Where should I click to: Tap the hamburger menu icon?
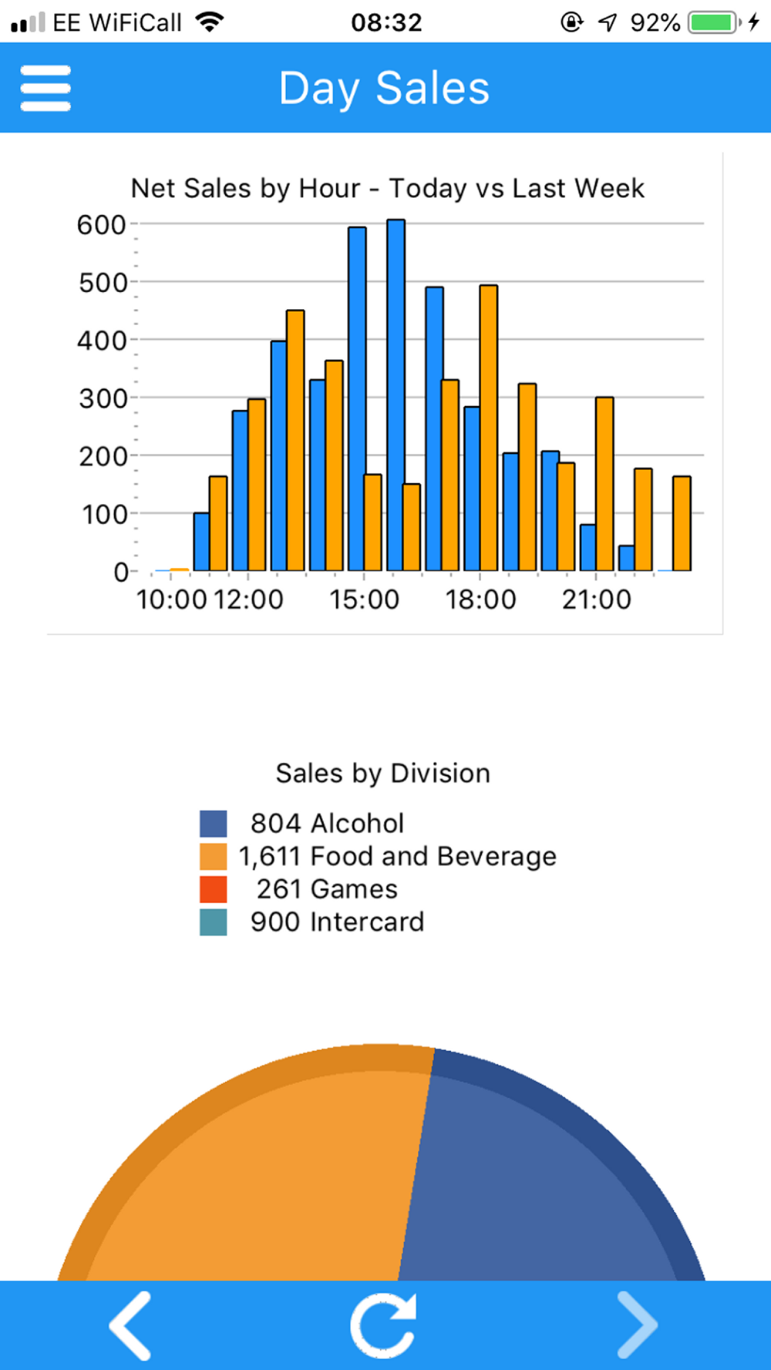point(45,88)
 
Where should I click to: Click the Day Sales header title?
point(384,88)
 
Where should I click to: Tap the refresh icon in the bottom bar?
point(383,1325)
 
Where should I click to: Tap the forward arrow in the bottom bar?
point(638,1325)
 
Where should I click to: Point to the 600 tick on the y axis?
point(102,225)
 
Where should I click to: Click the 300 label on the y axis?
point(102,399)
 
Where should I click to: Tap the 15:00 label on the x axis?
point(364,599)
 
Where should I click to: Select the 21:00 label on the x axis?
point(596,599)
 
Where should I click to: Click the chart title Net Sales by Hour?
point(387,189)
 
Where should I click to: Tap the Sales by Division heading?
point(383,773)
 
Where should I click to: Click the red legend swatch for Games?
point(213,889)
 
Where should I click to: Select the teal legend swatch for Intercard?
point(213,922)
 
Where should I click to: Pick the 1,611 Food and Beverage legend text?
point(397,856)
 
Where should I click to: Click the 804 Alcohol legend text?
point(327,823)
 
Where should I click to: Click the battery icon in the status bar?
point(714,22)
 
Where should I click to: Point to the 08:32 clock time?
point(386,22)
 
